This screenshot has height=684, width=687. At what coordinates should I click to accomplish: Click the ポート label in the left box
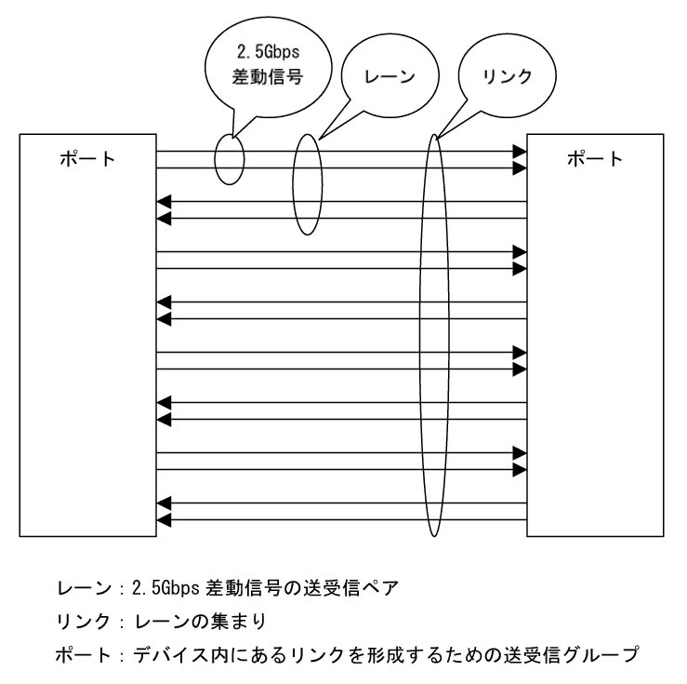87,159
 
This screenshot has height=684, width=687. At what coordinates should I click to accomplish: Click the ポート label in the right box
595,159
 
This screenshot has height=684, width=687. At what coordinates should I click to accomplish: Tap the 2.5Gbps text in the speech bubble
268,52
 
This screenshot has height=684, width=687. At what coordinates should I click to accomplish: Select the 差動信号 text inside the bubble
268,76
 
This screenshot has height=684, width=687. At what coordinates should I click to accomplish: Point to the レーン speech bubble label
390,76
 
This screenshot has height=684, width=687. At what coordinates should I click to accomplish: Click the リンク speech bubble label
507,76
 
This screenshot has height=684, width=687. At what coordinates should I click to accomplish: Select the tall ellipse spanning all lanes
420,335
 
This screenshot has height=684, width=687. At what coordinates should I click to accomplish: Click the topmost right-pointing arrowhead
520,152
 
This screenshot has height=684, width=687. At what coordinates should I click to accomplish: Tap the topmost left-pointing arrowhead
164,202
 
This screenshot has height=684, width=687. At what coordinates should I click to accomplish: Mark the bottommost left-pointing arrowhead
164,520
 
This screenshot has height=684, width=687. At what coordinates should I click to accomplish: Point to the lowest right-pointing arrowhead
520,470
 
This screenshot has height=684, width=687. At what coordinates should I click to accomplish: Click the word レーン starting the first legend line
84,588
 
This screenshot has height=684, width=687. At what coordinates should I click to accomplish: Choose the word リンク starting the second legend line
84,622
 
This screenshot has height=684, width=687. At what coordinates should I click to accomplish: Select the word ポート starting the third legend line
84,655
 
